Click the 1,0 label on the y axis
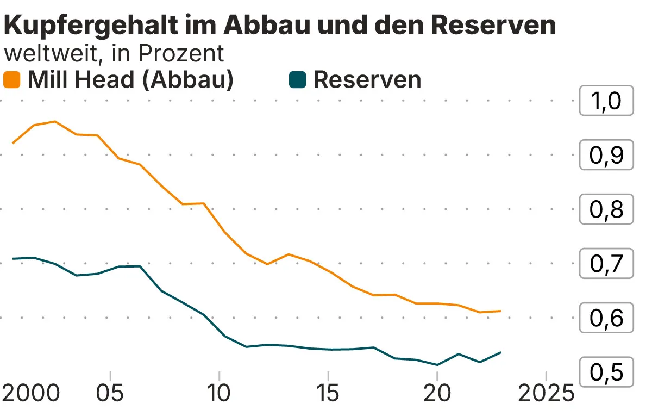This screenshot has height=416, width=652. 606,101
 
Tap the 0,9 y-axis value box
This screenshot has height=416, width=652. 606,156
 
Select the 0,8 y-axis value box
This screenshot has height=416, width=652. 606,209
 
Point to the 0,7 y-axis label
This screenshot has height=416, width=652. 606,264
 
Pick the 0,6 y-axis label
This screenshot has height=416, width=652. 606,318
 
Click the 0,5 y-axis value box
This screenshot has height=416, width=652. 606,372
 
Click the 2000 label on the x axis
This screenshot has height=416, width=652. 32,393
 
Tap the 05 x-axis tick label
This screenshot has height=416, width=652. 110,393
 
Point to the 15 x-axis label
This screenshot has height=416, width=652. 328,393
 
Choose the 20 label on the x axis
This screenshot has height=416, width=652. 437,393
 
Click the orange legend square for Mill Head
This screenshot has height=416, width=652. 12,80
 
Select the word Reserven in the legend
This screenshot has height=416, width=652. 367,80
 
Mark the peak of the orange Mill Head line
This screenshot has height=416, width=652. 55,121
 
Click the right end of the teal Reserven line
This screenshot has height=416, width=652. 500,352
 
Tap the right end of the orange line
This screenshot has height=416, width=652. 500,311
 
